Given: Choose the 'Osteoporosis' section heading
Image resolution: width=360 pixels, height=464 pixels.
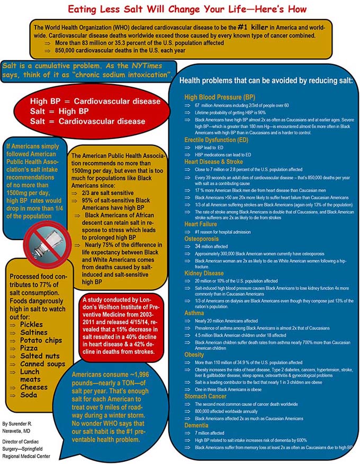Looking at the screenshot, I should pyautogui.click(x=202, y=239).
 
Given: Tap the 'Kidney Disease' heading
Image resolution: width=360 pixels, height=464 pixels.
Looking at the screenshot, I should pyautogui.click(x=204, y=274).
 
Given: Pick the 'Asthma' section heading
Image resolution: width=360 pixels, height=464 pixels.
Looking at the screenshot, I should pyautogui.click(x=194, y=313).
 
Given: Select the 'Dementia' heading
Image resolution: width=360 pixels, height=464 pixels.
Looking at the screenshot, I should pyautogui.click(x=197, y=425).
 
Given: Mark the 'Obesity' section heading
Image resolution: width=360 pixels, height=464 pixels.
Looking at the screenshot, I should pyautogui.click(x=195, y=354).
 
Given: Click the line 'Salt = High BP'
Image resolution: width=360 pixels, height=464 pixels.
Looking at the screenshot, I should pyautogui.click(x=59, y=111).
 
